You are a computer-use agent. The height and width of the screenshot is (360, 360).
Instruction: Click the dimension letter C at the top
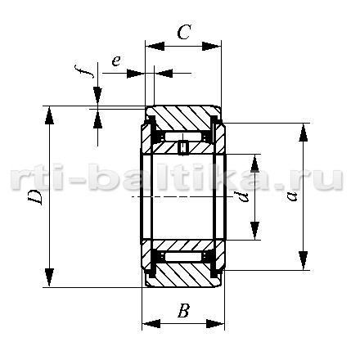pyautogui.click(x=183, y=32)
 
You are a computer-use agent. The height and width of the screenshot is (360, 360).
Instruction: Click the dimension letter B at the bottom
pyautogui.click(x=183, y=310)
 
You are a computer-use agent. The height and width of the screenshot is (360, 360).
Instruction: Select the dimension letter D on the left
pyautogui.click(x=35, y=196)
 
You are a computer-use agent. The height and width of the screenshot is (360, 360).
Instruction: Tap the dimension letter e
pyautogui.click(x=116, y=61)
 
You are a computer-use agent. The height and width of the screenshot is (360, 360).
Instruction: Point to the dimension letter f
pyautogui.click(x=84, y=71)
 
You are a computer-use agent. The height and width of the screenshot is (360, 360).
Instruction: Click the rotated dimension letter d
pyautogui.click(x=242, y=197)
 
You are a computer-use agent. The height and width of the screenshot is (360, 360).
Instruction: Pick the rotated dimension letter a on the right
pyautogui.click(x=293, y=196)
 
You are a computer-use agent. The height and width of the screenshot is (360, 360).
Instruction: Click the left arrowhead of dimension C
pyautogui.click(x=155, y=47)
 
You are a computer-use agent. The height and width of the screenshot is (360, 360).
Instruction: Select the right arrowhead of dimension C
pyautogui.click(x=211, y=47)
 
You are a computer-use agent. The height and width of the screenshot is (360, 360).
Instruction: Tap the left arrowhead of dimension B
pyautogui.click(x=151, y=324)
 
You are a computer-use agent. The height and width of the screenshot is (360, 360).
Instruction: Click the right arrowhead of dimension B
pyautogui.click(x=215, y=324)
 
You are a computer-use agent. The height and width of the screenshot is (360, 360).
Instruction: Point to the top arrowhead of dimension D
pyautogui.click(x=49, y=115)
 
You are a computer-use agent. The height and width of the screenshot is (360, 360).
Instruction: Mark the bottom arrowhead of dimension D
pyautogui.click(x=49, y=277)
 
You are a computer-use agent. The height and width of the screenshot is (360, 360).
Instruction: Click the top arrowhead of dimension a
pyautogui.click(x=303, y=133)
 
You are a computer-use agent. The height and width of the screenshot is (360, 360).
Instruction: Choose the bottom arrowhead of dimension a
pyautogui.click(x=303, y=261)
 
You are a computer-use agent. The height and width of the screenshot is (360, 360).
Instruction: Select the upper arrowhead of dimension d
pyautogui.click(x=254, y=164)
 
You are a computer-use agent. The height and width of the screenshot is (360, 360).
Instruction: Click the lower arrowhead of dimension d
pyautogui.click(x=254, y=231)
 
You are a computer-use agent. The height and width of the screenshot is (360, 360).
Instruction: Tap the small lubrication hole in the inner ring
pyautogui.click(x=183, y=147)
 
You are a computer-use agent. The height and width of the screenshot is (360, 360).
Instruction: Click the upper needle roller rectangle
pyautogui.click(x=182, y=137)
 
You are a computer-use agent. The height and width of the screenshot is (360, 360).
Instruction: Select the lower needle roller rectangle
pyautogui.click(x=182, y=257)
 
